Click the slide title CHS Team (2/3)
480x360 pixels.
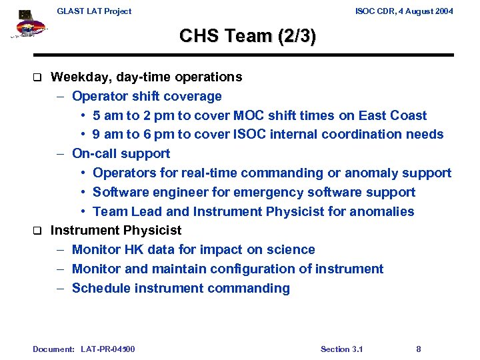[x=247, y=36]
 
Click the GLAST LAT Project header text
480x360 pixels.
[x=94, y=11]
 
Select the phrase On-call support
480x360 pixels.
[x=121, y=154]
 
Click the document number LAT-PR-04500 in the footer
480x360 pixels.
[x=107, y=349]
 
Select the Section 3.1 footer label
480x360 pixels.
[x=341, y=349]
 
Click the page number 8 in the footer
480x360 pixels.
[x=418, y=349]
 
